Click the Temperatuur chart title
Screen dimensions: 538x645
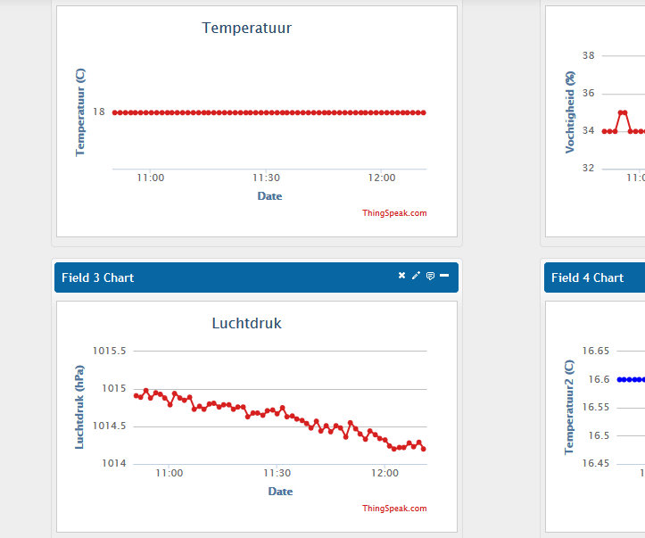click(247, 28)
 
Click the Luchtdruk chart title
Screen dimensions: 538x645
click(246, 323)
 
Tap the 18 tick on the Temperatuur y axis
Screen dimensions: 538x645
click(98, 112)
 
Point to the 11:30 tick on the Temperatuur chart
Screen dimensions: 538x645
click(266, 178)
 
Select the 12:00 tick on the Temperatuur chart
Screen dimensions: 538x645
click(382, 178)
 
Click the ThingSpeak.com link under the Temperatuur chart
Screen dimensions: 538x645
click(394, 213)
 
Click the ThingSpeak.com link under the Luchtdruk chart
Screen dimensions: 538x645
click(394, 509)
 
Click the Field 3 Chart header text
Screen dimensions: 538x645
click(97, 277)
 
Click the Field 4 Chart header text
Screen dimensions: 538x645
click(587, 277)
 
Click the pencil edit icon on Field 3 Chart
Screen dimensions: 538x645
click(416, 276)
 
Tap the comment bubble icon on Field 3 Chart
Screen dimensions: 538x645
click(430, 276)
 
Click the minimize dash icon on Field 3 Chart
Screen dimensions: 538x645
click(444, 276)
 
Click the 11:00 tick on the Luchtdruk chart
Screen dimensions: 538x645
click(170, 473)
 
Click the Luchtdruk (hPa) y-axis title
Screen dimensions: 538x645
click(79, 406)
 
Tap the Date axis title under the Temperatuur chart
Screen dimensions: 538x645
click(269, 195)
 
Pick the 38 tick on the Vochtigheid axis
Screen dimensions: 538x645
click(588, 55)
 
